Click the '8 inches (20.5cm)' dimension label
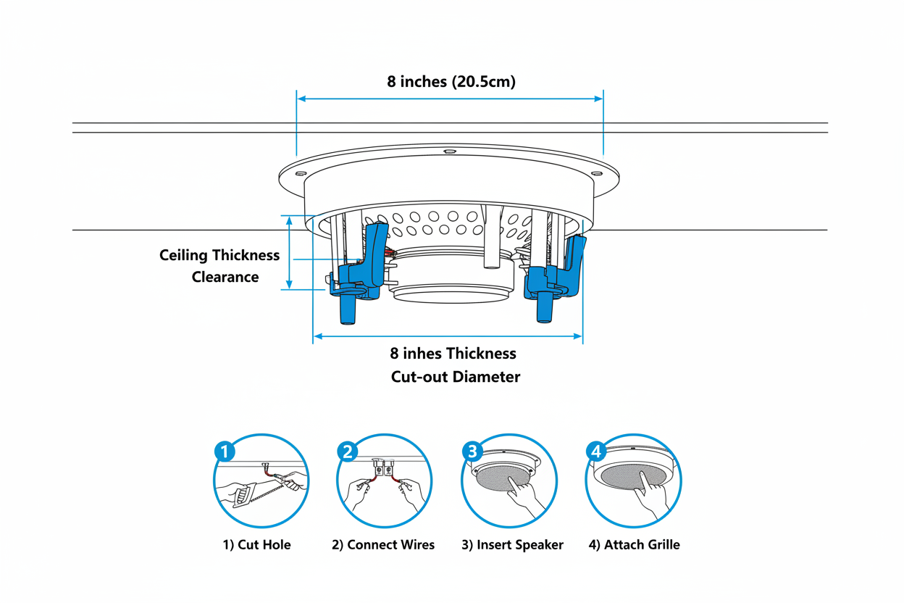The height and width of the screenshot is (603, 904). [x=451, y=82]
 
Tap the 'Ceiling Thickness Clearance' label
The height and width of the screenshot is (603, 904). [x=219, y=266]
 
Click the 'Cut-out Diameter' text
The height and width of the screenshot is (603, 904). [x=455, y=377]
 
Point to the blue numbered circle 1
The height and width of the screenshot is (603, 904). [x=225, y=452]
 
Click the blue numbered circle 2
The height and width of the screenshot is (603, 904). [x=348, y=452]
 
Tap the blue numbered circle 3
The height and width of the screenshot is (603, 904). [x=472, y=452]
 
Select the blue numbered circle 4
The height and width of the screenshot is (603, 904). [x=595, y=452]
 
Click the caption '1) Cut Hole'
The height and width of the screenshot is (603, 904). [x=256, y=544]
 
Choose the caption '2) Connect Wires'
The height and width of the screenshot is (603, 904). [x=383, y=544]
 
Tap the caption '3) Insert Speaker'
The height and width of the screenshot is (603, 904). [x=512, y=544]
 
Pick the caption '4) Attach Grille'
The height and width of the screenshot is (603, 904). [x=634, y=544]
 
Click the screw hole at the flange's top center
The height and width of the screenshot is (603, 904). [x=449, y=152]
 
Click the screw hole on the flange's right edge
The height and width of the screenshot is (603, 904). [x=597, y=173]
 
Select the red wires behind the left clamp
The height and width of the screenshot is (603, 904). [x=390, y=251]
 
